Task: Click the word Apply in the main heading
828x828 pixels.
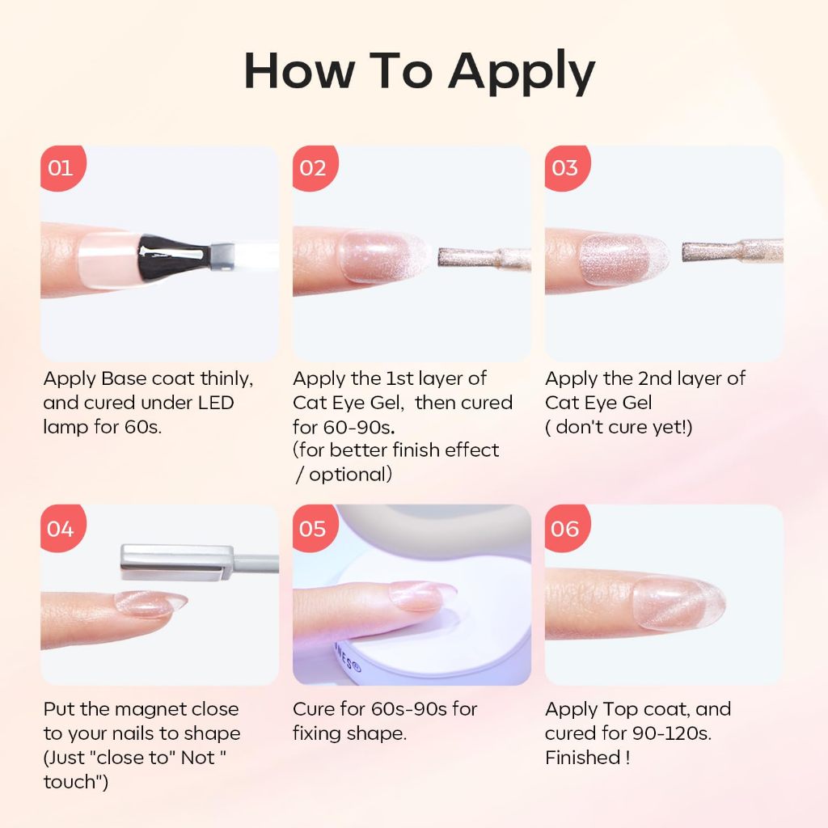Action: [x=522, y=72]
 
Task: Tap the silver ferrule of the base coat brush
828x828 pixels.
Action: [x=222, y=256]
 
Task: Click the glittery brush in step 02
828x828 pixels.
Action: [x=484, y=258]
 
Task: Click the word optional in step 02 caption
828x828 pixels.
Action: [x=351, y=475]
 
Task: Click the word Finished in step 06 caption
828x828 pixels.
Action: [x=583, y=758]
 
